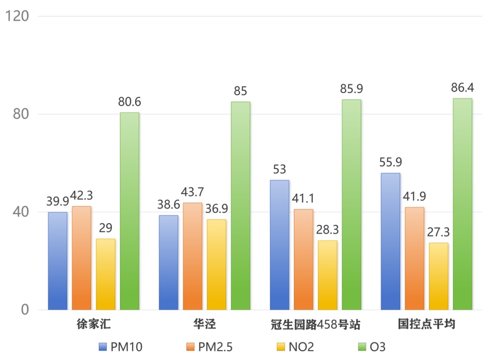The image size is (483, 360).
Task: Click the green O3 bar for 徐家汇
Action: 129,211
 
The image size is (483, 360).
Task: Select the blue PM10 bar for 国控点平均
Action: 390,241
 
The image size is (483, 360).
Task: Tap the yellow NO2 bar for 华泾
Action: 216,264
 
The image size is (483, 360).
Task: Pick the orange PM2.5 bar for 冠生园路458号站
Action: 303,259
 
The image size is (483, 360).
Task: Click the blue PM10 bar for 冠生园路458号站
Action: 280,245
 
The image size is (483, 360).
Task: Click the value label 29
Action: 106,229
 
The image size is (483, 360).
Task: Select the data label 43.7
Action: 192,192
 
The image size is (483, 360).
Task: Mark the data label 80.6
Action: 129,102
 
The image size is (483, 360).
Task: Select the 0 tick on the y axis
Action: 25,309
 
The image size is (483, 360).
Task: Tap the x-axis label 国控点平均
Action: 426,324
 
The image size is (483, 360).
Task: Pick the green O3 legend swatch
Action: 361,347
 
